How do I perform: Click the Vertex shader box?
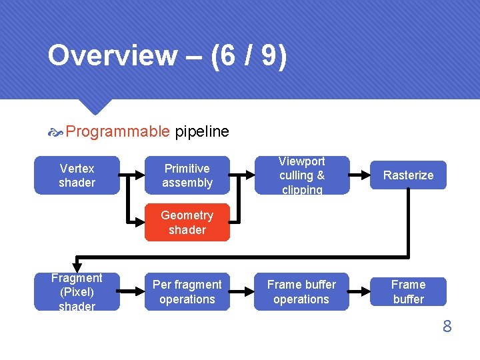[x=77, y=175]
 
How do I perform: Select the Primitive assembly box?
[x=187, y=175]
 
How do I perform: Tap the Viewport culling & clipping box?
[x=301, y=175]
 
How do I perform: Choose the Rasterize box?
[x=408, y=175]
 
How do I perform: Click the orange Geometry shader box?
[x=187, y=223]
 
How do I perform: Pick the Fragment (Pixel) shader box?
[x=77, y=292]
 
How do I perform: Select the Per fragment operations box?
[x=187, y=292]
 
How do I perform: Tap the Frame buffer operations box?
[x=301, y=292]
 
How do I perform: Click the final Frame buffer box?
[x=408, y=292]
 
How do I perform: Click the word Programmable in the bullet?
[x=118, y=131]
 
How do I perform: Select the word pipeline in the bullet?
[x=202, y=131]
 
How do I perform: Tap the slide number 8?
[x=447, y=327]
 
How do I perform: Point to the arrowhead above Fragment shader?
[x=77, y=267]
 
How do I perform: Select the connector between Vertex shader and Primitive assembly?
[x=132, y=175]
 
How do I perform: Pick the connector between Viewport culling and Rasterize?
[x=360, y=175]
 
